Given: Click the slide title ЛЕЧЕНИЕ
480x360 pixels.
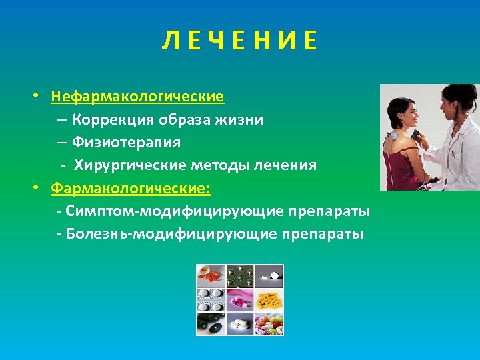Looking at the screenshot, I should point(239,41).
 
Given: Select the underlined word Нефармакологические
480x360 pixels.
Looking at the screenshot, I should point(137,97).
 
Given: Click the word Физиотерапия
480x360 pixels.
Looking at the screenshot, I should point(127,142).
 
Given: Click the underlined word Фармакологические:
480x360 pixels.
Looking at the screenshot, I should point(131,189).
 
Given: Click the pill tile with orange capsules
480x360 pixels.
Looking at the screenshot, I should point(210,275).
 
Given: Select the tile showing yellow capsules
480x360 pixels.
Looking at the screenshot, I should point(269,299).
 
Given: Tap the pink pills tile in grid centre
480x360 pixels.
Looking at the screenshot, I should point(240,299).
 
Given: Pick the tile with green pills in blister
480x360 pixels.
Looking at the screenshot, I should point(240,275).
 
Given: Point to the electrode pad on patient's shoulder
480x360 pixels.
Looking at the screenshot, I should point(394,135).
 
